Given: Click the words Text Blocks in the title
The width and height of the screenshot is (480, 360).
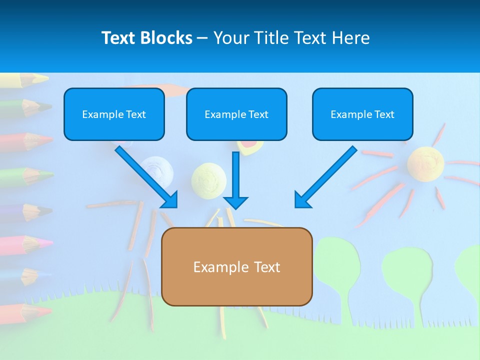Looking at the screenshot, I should [x=146, y=38].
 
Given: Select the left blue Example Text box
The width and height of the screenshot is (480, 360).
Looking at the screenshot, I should [x=114, y=114].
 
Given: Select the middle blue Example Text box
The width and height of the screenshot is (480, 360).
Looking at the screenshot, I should [x=236, y=114].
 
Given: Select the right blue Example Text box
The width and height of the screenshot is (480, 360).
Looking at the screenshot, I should [x=362, y=114].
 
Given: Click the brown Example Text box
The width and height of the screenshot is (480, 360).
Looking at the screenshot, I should [x=236, y=266].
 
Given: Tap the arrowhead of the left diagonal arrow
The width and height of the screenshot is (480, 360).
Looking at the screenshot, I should [x=170, y=199].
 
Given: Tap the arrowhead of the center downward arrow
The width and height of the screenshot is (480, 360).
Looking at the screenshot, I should [x=235, y=202].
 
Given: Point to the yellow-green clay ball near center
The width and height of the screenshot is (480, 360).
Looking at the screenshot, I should [x=209, y=178].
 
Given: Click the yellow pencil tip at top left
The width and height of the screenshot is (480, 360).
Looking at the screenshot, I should [x=42, y=78].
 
